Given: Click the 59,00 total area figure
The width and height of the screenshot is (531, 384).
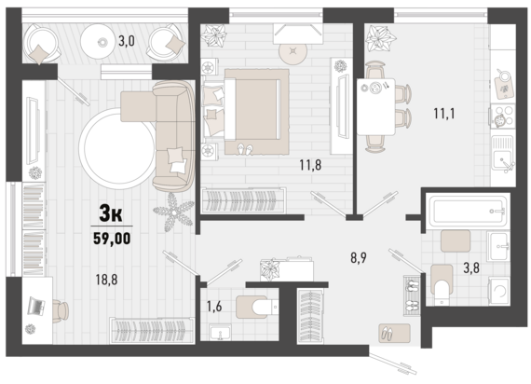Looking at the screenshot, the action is [112, 239].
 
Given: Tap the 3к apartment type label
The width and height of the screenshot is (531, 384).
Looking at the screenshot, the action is [111, 213].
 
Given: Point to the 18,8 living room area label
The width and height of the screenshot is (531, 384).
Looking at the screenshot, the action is [106, 280].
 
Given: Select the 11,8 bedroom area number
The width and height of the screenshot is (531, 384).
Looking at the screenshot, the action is [310, 165].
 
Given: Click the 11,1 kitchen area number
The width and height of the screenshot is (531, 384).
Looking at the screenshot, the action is [444, 113].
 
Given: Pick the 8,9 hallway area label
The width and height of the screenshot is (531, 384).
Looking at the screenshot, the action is [359, 258].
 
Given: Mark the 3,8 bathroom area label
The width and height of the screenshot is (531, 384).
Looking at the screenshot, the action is [471, 268].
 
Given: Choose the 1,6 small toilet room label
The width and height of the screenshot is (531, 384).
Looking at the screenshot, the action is [214, 307].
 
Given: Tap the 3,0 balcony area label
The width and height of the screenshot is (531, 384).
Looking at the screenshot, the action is [127, 41].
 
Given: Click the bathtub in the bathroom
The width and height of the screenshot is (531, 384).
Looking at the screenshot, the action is [468, 212].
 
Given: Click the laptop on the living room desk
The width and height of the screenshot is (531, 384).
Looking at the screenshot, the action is [36, 306].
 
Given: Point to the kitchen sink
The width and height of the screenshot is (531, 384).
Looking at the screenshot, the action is [503, 153].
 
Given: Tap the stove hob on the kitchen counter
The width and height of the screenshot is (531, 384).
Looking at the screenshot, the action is [503, 116].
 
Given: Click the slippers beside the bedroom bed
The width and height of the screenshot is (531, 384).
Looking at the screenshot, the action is [245, 149].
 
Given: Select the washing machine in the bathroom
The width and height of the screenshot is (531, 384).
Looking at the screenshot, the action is [498, 291].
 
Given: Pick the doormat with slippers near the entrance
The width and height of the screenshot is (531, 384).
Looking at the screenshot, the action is [394, 333].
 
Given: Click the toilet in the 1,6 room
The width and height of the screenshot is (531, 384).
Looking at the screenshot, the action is [257, 307].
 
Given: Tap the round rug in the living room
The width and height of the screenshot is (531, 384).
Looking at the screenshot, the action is [117, 149].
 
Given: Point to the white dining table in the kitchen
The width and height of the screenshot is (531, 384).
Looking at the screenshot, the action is [376, 107].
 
